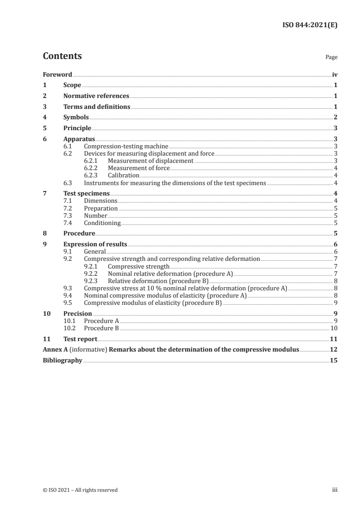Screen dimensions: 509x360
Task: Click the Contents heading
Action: pyautogui.click(x=62, y=56)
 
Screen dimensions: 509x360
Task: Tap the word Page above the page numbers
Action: pyautogui.click(x=331, y=58)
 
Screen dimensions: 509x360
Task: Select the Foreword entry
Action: pyautogui.click(x=57, y=74)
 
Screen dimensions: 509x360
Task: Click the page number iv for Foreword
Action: pyautogui.click(x=335, y=74)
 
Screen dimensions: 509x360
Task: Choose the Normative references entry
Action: pyautogui.click(x=96, y=96)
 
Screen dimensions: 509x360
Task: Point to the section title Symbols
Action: pyautogui.click(x=76, y=117)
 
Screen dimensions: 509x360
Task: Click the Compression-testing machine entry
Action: pyautogui.click(x=126, y=146)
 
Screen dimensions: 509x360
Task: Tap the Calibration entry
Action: pyautogui.click(x=123, y=175)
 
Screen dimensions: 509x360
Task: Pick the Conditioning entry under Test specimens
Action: pyautogui.click(x=102, y=223)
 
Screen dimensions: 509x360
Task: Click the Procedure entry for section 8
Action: pyautogui.click(x=79, y=233)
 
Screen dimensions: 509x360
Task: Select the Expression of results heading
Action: pyautogui.click(x=95, y=244)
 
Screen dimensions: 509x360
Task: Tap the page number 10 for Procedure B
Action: pyautogui.click(x=334, y=328)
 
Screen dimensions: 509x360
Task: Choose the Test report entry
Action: pyautogui.click(x=80, y=338)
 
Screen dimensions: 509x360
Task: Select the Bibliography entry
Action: pyautogui.click(x=62, y=360)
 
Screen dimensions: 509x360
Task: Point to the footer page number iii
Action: pyautogui.click(x=335, y=490)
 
